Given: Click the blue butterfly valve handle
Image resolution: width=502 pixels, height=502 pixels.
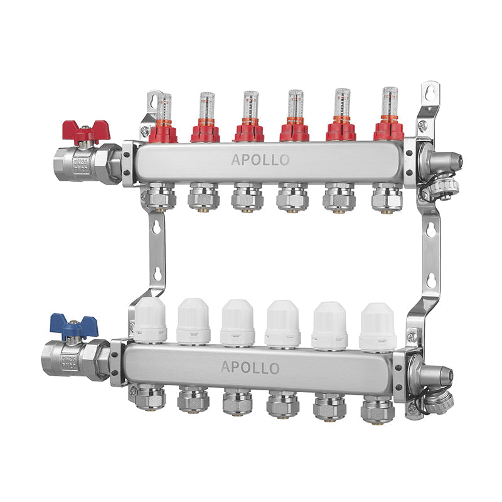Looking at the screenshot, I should pyautogui.click(x=74, y=326).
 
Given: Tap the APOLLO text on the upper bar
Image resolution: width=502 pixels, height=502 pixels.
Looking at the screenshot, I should pyautogui.click(x=260, y=160).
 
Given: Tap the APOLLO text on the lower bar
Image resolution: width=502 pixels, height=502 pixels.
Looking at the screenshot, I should pyautogui.click(x=250, y=368).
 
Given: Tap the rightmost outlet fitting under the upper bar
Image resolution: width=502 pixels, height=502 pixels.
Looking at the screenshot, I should pyautogui.click(x=385, y=197).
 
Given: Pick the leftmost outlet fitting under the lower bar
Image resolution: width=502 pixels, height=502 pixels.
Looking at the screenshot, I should pyautogui.click(x=146, y=398).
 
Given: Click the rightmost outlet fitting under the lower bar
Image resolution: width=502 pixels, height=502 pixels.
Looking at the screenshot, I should pyautogui.click(x=377, y=408).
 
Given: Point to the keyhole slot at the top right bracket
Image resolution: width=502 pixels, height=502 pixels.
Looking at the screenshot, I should pyautogui.click(x=429, y=92).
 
